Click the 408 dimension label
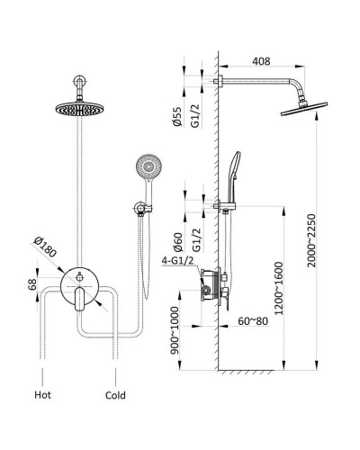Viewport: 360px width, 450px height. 261,61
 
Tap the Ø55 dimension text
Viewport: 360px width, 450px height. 177,117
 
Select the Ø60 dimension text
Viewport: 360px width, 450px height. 178,242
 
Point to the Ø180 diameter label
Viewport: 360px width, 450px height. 45,247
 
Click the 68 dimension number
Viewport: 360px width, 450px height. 32,283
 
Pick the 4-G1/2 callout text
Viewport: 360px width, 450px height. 177,261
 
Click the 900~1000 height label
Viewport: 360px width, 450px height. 175,330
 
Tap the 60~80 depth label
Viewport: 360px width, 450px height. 253,321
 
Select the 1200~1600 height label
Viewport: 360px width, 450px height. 279,288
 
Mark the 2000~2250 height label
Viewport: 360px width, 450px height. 311,240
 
